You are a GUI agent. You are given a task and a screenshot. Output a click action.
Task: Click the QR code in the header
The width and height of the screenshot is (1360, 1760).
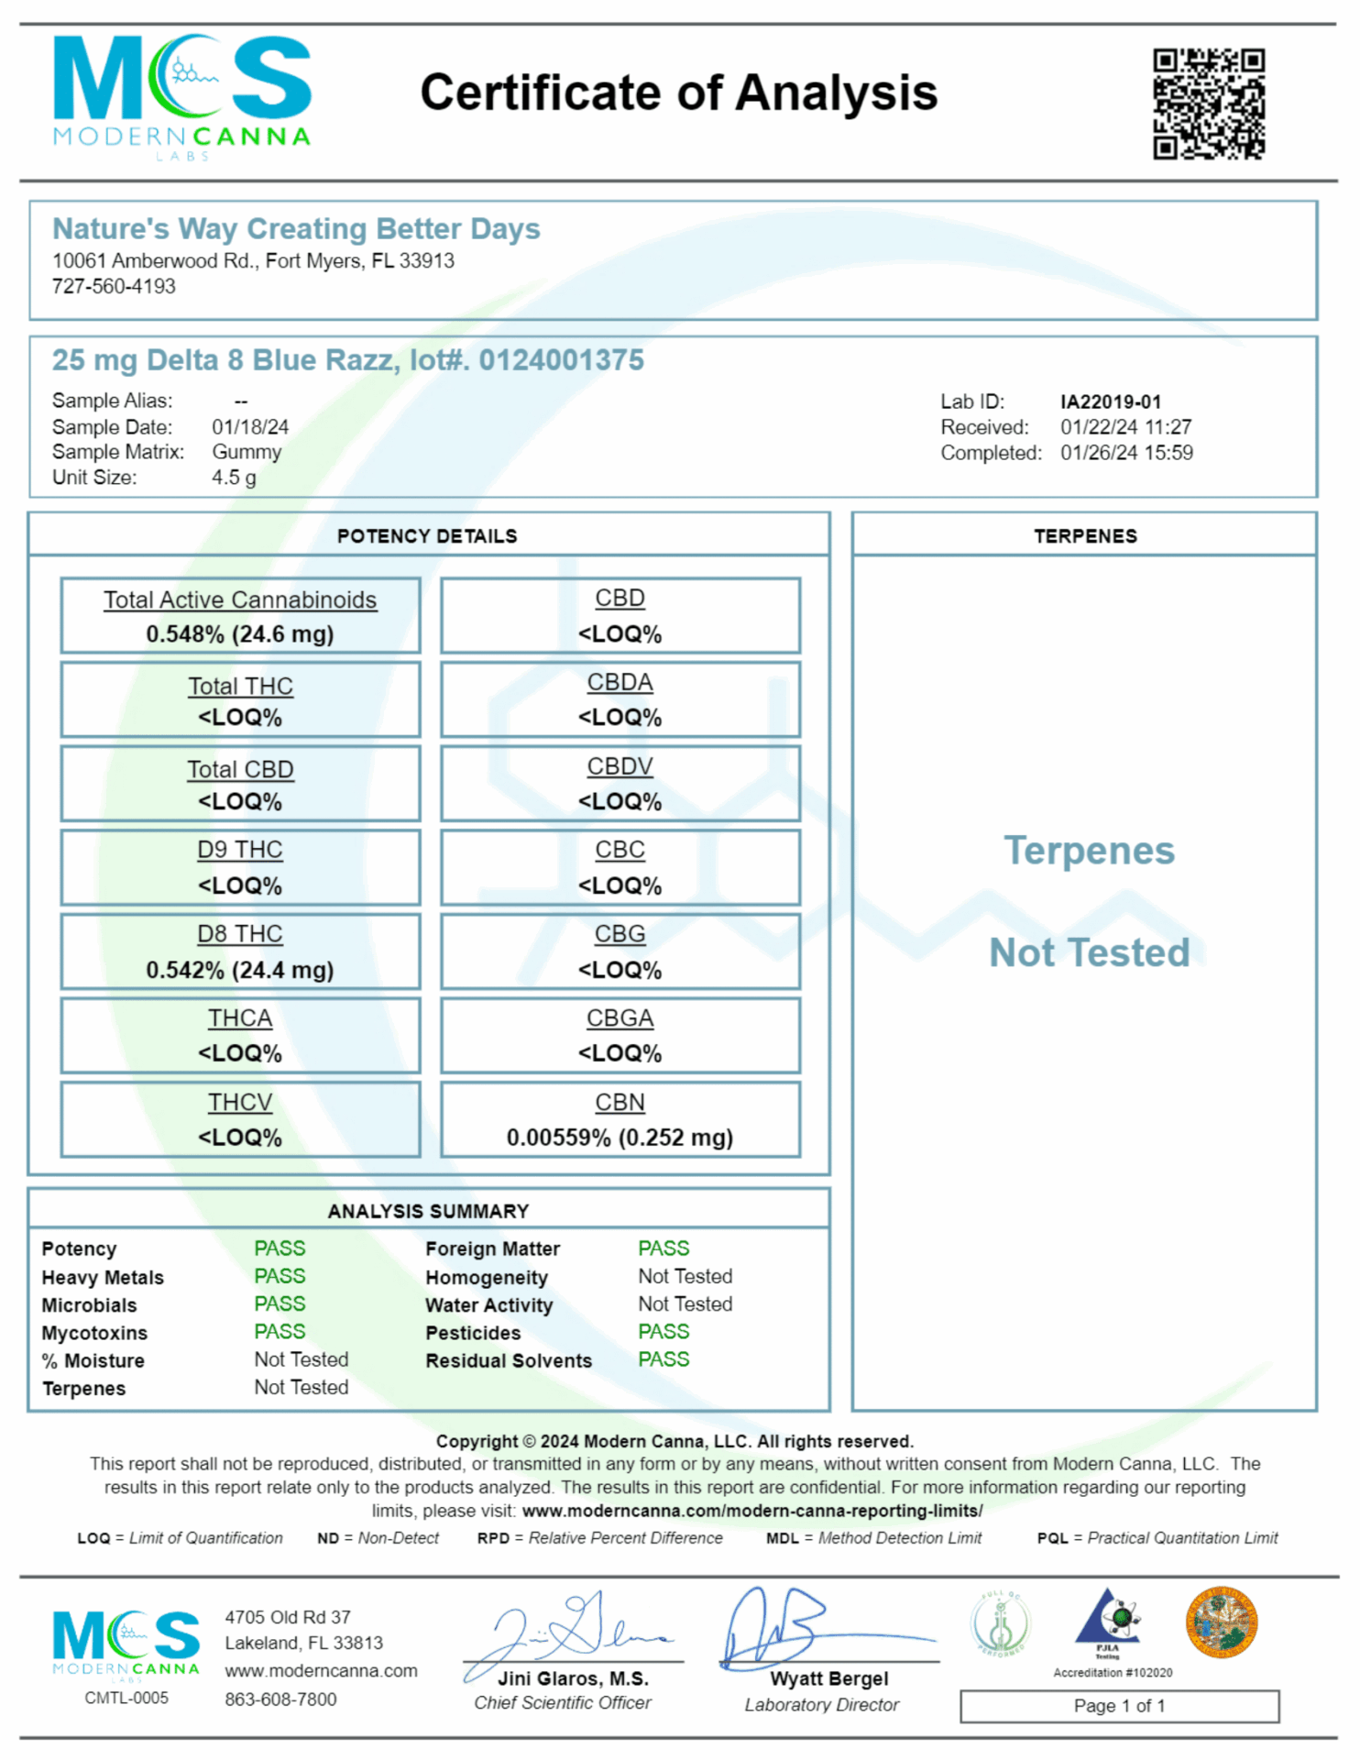[1209, 104]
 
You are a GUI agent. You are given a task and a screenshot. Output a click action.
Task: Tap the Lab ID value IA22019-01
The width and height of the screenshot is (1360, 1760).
[1111, 401]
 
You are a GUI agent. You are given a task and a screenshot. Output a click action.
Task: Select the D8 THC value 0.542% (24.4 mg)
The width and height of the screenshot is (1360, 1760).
[240, 970]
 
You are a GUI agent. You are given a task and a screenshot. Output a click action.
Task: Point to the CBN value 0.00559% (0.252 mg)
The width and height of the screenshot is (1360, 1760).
[620, 1138]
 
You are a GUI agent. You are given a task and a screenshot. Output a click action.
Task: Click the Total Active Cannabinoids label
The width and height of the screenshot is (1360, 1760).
[240, 599]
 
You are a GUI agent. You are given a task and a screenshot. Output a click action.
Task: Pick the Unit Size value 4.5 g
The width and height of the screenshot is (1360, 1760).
[234, 478]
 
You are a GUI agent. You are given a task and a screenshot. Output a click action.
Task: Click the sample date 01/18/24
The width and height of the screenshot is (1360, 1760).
[250, 427]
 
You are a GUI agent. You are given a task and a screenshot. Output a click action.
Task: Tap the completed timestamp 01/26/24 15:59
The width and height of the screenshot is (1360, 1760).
[1126, 453]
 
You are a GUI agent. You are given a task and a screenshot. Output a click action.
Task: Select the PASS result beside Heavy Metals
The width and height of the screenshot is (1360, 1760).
[280, 1276]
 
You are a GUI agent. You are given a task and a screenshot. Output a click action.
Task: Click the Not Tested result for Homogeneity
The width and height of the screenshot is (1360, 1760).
[685, 1276]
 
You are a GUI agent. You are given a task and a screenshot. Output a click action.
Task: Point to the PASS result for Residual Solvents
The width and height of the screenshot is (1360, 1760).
[664, 1359]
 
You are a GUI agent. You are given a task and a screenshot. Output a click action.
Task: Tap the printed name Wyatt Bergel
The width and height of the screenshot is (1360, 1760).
[828, 1678]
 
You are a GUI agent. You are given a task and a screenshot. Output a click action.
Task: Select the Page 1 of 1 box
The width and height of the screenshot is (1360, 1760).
[1119, 1706]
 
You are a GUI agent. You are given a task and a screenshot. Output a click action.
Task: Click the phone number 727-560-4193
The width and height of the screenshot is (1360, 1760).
[114, 286]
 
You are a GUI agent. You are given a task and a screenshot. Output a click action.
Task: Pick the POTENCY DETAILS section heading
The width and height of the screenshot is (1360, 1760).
[427, 536]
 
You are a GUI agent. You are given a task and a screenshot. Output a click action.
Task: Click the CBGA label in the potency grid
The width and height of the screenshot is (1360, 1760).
[620, 1018]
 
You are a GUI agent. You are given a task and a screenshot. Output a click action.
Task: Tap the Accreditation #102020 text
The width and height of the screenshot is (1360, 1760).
[1113, 1673]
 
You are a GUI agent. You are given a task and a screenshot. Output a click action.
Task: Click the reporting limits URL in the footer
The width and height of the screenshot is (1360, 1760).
[751, 1511]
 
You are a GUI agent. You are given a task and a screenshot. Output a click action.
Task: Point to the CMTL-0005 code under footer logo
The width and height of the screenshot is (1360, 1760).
[126, 1698]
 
